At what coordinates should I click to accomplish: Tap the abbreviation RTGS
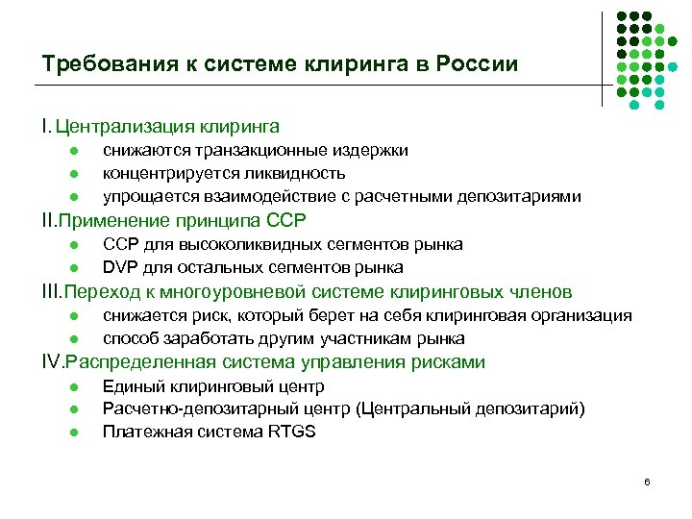292,432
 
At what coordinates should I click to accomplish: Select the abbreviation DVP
121,267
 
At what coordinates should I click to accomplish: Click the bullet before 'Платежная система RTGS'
73,432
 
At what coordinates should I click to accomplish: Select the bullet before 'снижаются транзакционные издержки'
73,151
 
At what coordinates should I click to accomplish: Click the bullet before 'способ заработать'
73,338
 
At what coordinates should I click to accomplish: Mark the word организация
587,315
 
